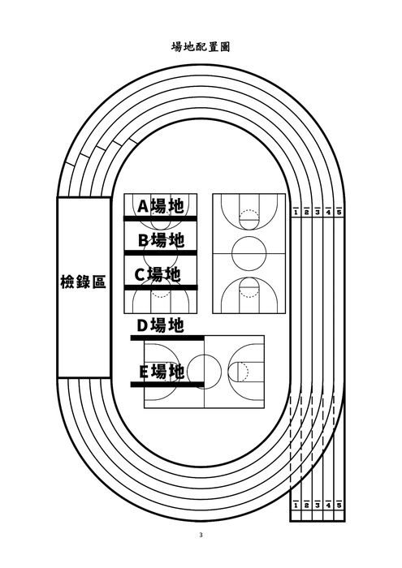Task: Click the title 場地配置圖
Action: pos(201,47)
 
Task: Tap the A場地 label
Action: pos(160,206)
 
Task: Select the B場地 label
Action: pos(161,240)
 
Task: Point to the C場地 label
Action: pos(158,274)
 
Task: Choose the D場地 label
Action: pos(159,325)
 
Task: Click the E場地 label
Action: pos(161,372)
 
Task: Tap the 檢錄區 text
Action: pos(83,282)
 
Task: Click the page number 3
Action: pos(201,535)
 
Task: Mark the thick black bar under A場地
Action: pos(160,218)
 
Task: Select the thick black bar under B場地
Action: pos(160,252)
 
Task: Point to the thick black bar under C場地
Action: pos(161,287)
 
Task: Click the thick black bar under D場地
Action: pos(167,337)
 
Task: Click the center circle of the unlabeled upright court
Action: pos(249,254)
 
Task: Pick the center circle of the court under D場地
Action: pos(204,372)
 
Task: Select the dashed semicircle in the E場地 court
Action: pos(240,372)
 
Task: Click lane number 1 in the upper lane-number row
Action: pos(296,212)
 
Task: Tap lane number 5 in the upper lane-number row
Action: pos(339,212)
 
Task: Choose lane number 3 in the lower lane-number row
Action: pos(318,505)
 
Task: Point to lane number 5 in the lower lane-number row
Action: pos(339,505)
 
